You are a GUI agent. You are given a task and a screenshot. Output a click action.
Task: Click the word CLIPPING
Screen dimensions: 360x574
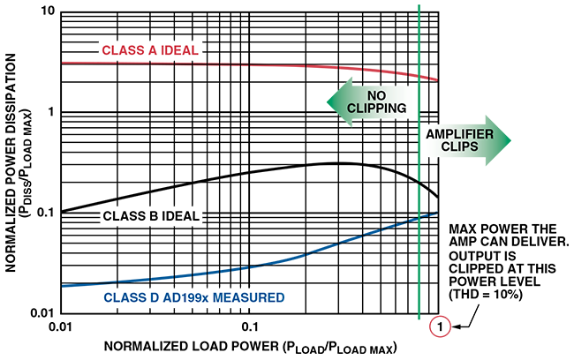click(x=374, y=110)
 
